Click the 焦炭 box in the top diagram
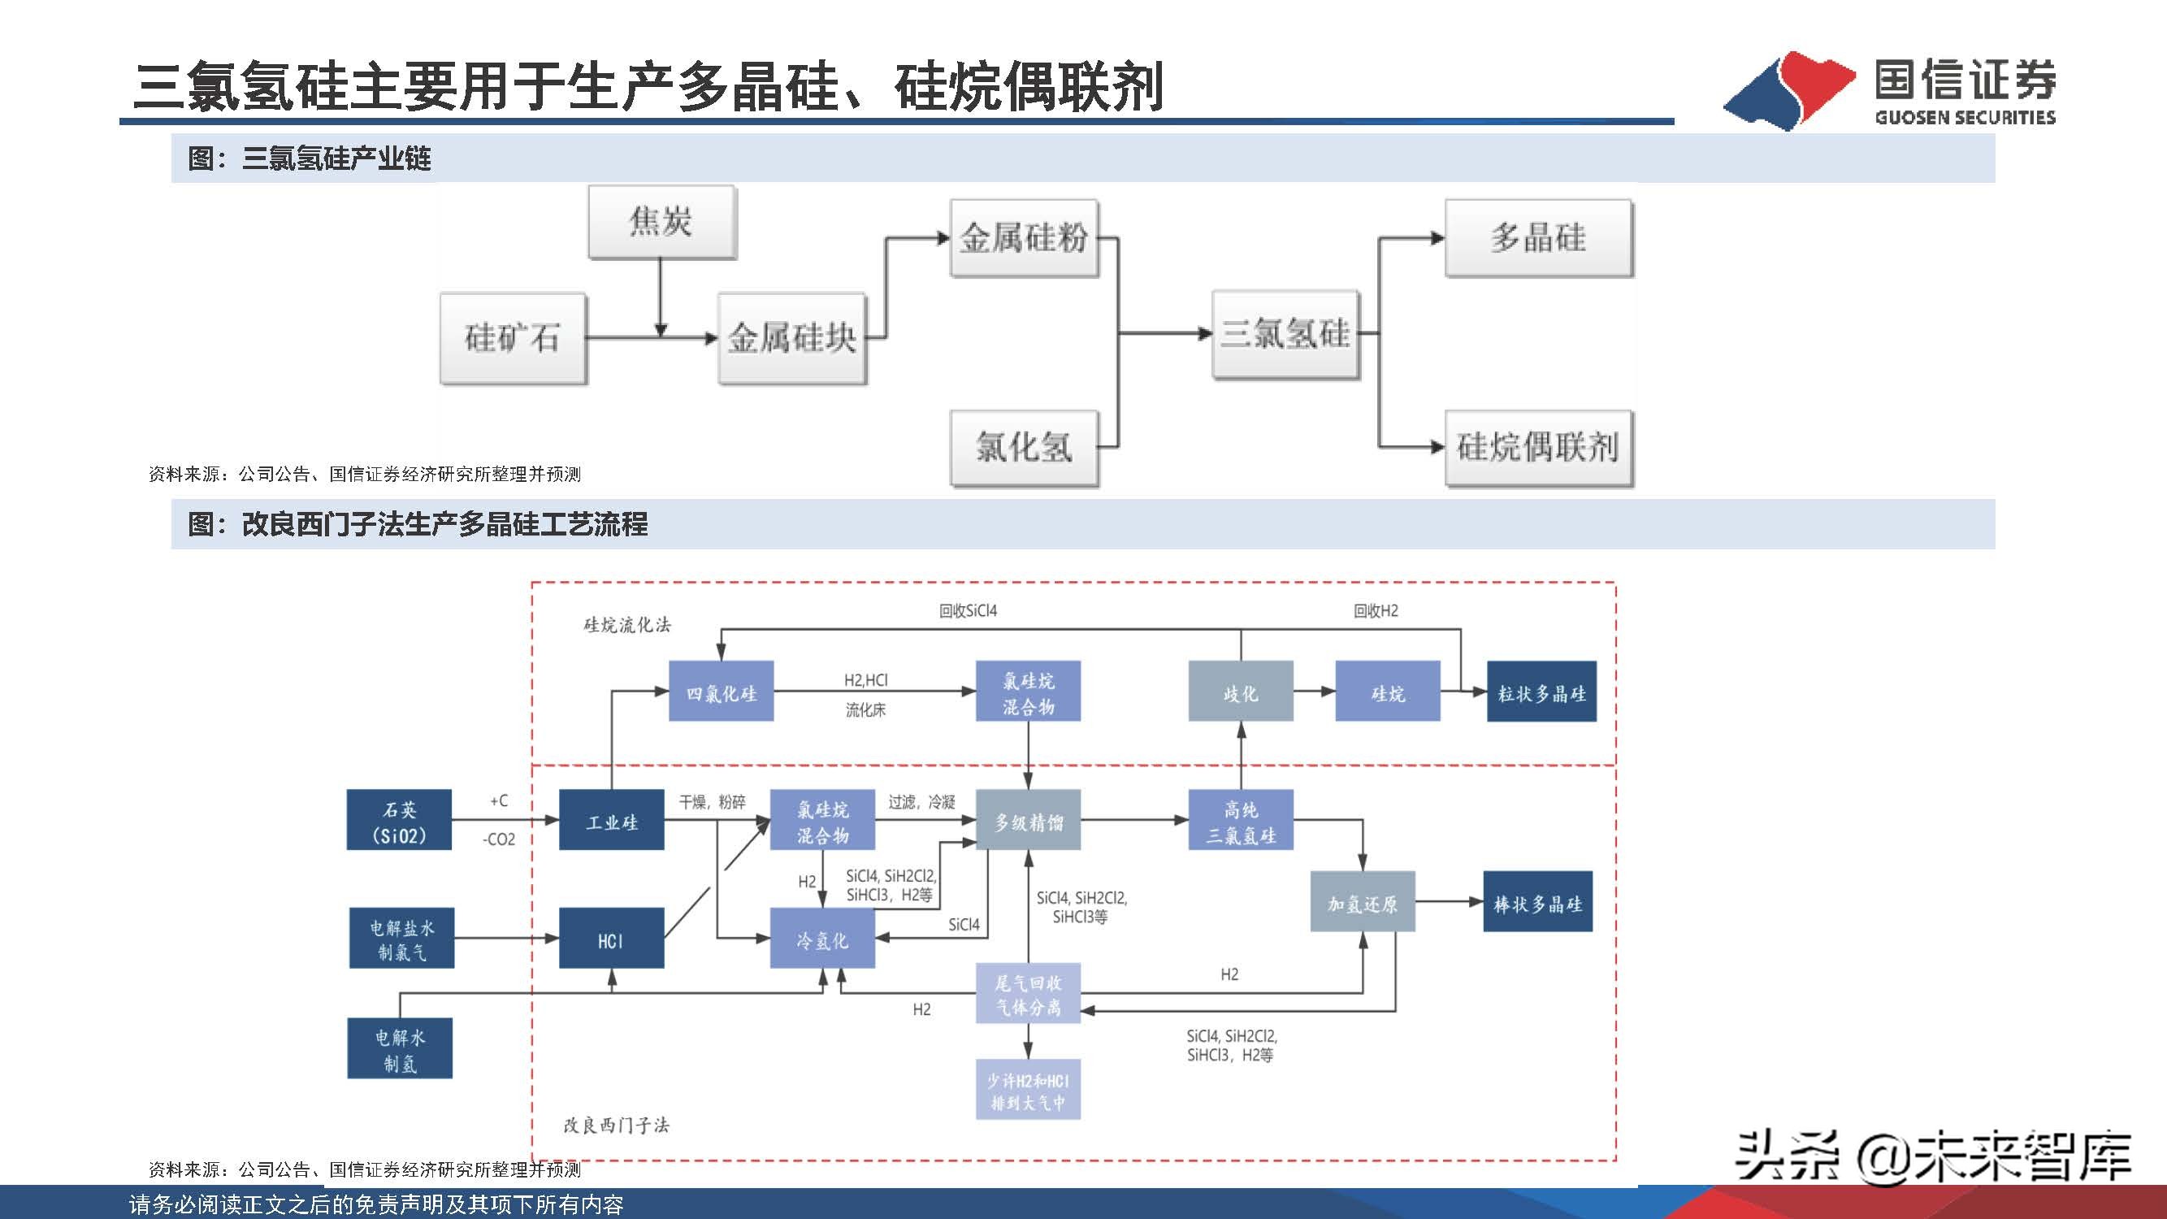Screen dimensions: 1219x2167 coord(661,222)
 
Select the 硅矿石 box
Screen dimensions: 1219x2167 coord(513,338)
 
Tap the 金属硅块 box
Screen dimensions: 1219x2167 coord(791,338)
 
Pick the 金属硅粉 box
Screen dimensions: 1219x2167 coord(1024,238)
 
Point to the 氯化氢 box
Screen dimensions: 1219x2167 coord(1024,447)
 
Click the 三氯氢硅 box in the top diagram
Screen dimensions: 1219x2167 coord(1285,334)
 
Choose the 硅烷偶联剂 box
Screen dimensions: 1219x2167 coord(1538,447)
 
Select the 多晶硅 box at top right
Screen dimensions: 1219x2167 coord(1538,238)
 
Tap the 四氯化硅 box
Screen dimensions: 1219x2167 coord(721,692)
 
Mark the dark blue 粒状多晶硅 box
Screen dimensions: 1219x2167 coord(1541,692)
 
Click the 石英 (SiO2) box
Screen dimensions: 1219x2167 coord(399,820)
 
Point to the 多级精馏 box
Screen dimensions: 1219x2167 coord(1027,820)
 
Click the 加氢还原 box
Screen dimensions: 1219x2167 coord(1362,902)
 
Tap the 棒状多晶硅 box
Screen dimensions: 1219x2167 coord(1537,902)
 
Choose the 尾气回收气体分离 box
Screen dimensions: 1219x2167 coord(1027,994)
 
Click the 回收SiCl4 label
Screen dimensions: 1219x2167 coord(968,611)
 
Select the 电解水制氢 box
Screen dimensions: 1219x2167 coord(400,1048)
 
